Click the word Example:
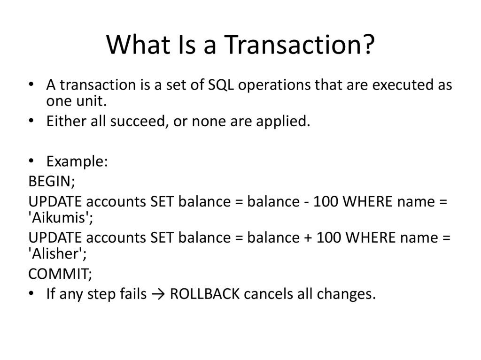pos(78,161)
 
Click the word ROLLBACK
pos(205,294)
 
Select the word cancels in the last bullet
pos(269,294)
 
